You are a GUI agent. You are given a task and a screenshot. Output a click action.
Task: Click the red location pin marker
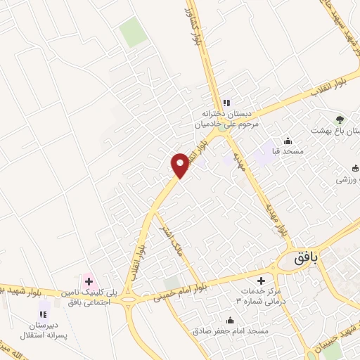180,165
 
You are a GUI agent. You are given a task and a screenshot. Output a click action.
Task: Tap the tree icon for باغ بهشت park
340,120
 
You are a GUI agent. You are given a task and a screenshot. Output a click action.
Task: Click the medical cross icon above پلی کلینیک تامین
89,281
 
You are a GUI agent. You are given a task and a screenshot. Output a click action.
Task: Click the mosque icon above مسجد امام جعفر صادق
230,321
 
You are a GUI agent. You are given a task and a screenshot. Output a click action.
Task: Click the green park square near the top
131,32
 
